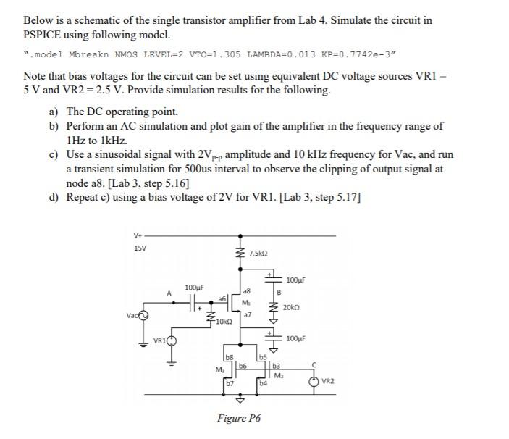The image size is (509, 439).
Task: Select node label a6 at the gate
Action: [x=222, y=298]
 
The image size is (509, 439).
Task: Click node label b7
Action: [x=228, y=383]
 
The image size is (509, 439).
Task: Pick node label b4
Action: [x=263, y=383]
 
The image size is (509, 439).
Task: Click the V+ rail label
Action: [x=138, y=234]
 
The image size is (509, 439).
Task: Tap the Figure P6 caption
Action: [x=239, y=418]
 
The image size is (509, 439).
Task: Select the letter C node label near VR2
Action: [x=314, y=364]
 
